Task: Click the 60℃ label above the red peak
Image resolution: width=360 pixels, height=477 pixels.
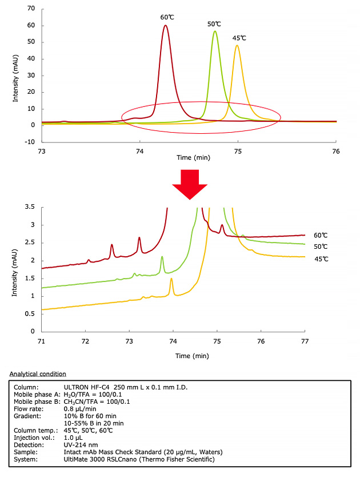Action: click(167, 17)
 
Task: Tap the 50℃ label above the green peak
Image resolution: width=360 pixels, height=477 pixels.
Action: click(214, 24)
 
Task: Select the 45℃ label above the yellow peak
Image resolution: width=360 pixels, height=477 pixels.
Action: click(239, 38)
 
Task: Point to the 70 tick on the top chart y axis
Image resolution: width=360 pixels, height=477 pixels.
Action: click(31, 9)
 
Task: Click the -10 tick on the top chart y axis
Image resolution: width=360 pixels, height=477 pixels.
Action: click(29, 141)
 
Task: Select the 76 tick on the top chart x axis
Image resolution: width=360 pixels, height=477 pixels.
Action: click(336, 151)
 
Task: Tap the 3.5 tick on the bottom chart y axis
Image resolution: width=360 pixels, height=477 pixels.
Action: click(30, 206)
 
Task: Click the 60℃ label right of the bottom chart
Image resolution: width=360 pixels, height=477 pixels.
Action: click(321, 235)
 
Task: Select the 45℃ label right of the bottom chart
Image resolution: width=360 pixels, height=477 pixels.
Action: click(321, 259)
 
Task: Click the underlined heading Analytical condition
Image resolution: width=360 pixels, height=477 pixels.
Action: click(38, 373)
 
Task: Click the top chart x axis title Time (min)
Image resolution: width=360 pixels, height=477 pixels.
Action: click(192, 158)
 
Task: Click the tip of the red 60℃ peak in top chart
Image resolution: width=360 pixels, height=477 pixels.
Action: click(165, 25)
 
